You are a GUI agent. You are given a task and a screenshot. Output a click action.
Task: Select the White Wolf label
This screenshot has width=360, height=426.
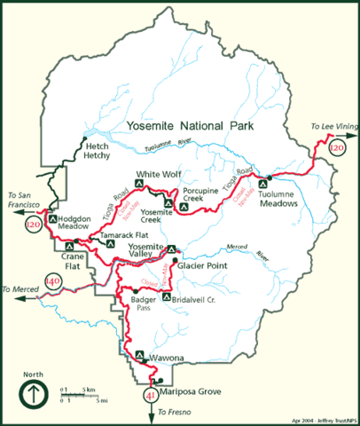(157, 175)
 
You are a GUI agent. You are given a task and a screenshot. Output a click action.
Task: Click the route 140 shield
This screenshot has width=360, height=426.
(52, 283)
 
